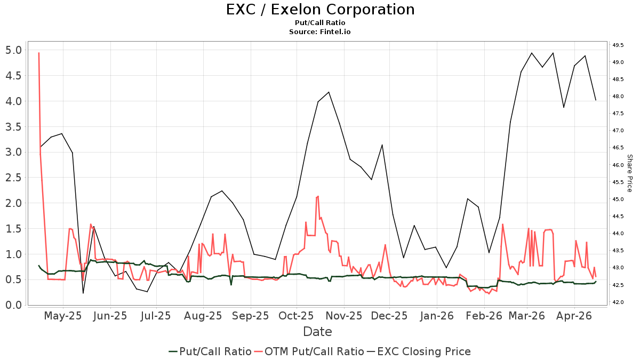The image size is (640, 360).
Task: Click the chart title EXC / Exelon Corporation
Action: pos(320,10)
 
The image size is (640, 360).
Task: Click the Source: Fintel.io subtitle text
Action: pos(320,31)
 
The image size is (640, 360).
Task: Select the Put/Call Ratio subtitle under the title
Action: pos(320,23)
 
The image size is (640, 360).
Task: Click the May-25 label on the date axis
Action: pos(63,316)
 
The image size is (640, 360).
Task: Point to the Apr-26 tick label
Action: pos(574,316)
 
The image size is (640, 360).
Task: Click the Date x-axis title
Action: pos(317,332)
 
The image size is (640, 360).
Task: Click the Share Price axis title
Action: pos(629,173)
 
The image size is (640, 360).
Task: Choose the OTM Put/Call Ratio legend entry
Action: pos(314,351)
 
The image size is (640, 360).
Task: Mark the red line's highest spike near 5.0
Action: pos(39,53)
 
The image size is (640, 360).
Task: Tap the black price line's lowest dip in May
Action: pos(83,293)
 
